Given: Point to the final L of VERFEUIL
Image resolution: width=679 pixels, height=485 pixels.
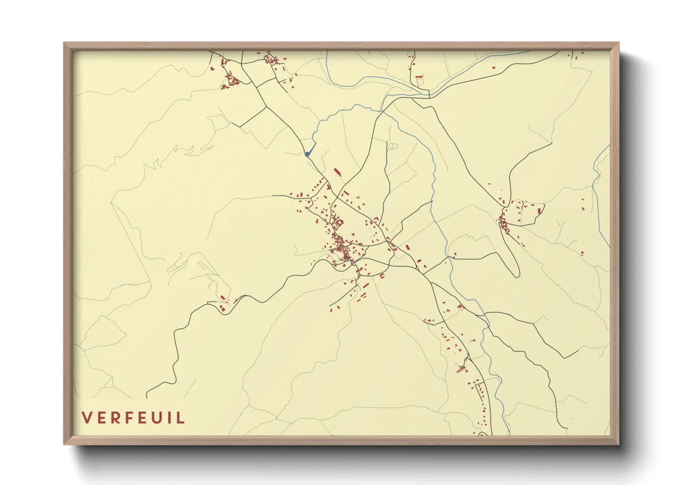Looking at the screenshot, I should (181, 418).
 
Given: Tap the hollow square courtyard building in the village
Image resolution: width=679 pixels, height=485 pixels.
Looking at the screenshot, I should (340, 222).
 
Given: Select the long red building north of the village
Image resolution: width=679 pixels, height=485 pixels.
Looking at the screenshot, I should (338, 172).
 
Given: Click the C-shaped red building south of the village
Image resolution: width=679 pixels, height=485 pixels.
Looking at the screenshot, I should (382, 276).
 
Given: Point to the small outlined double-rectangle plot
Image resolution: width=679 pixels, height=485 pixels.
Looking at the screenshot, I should (393, 146).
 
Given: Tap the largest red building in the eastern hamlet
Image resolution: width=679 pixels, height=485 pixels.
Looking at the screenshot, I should (540, 211).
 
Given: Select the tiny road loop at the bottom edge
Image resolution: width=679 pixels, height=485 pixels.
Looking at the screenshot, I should (482, 434).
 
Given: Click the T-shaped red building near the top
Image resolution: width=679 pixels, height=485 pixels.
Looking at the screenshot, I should (418, 77).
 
